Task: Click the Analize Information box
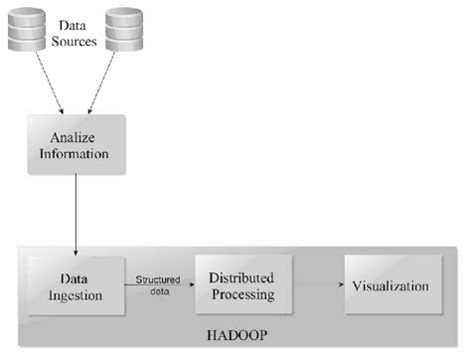77,146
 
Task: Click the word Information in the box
77,154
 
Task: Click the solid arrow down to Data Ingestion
75,214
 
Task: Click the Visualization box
391,285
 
